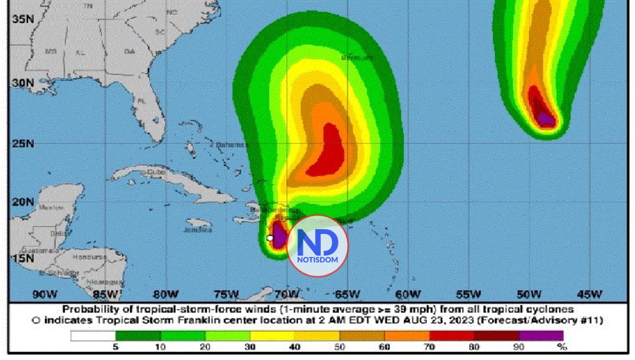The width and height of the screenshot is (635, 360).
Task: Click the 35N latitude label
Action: pos(24,19)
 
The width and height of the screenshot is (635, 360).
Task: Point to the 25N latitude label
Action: pos(24,144)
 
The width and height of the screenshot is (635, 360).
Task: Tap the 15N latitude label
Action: pos(24,258)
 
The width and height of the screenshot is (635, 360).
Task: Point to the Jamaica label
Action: pos(199,230)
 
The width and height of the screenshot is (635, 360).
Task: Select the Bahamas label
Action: pos(232,145)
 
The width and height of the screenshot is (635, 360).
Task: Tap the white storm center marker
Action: pos(270,238)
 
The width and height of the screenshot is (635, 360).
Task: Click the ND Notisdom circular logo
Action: pos(319,246)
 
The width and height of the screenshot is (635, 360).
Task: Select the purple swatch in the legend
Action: pos(541,336)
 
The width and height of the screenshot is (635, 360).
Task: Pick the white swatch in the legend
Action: pos(93,336)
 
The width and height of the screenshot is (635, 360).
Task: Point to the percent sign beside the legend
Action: pos(562,347)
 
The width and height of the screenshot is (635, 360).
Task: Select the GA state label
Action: pos(129,52)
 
